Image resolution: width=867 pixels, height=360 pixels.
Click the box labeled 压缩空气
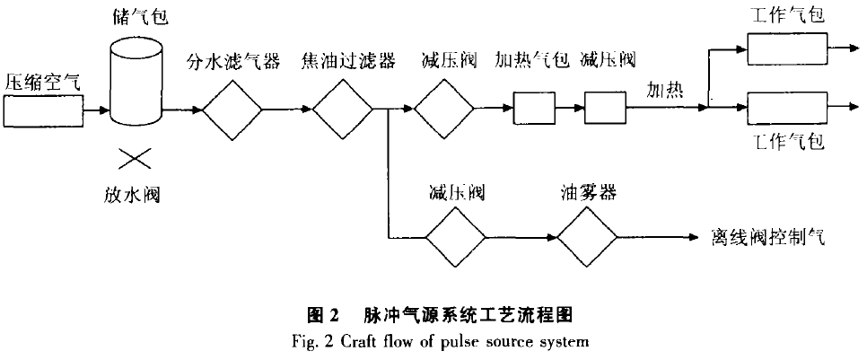42,112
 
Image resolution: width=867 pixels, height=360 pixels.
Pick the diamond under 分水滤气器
232,110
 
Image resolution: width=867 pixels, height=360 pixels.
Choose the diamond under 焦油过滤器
341,110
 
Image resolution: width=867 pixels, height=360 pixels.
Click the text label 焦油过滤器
341,62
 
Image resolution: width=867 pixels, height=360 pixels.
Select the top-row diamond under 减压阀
442,110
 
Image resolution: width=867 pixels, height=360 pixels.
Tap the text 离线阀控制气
768,239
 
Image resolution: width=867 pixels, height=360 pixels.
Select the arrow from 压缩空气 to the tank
96,111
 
